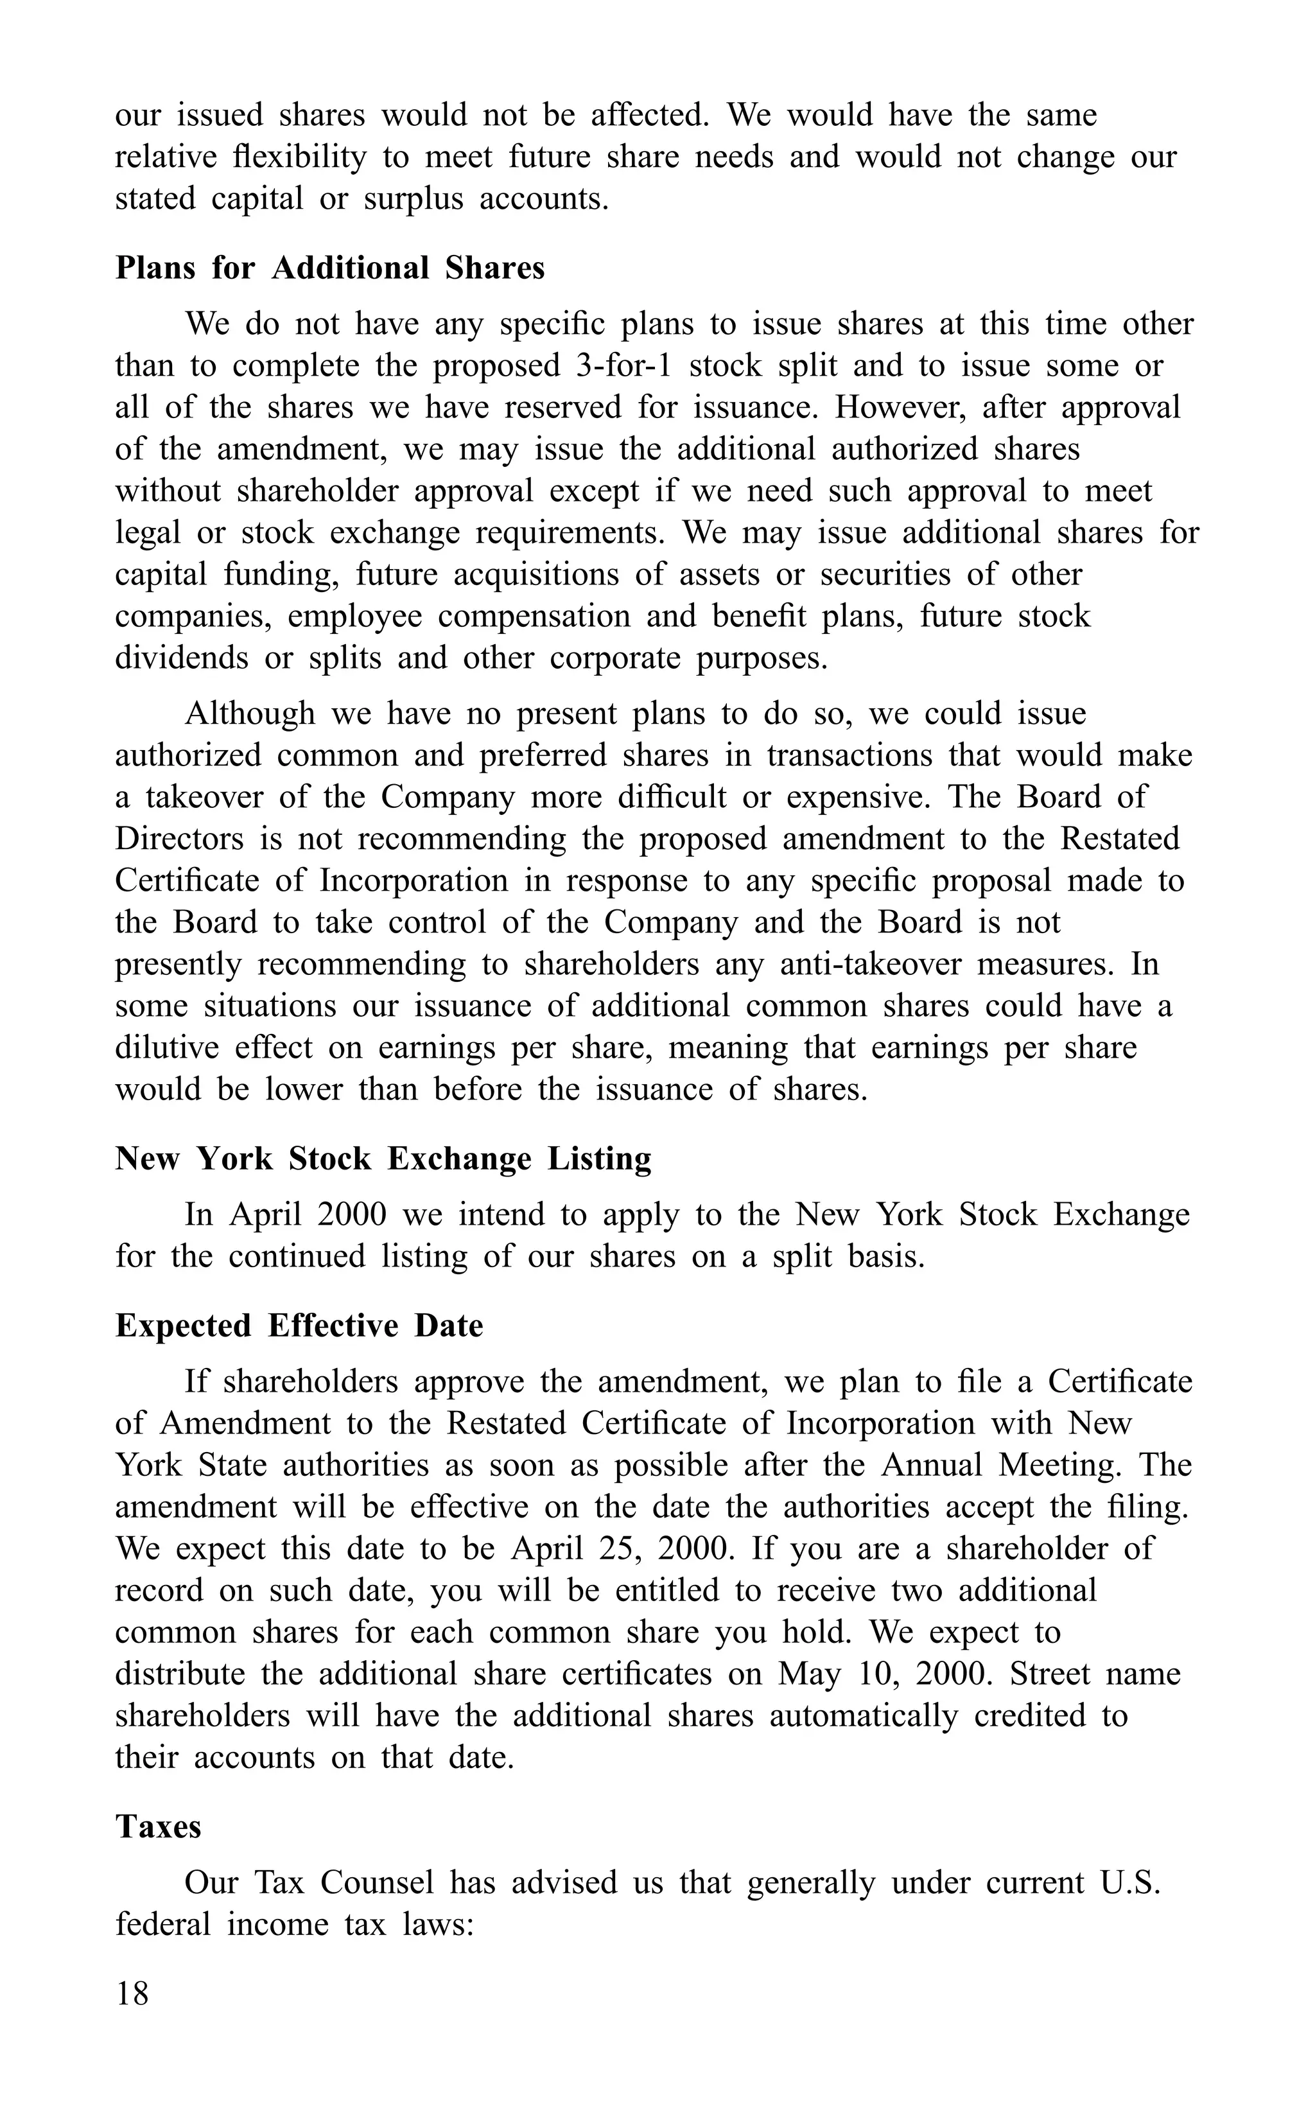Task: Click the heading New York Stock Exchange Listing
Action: click(x=383, y=1159)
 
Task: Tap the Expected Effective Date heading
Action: click(x=299, y=1326)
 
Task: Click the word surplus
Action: click(x=413, y=199)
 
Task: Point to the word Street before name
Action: click(x=1049, y=1674)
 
